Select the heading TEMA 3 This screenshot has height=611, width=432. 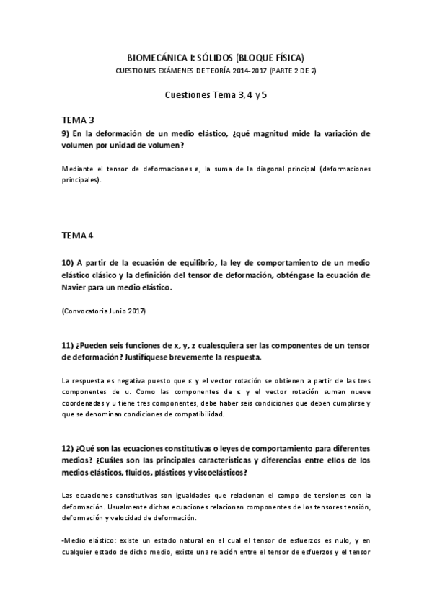pos(77,120)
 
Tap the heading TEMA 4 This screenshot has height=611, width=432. pos(77,236)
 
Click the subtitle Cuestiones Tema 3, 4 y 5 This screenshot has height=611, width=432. pos(217,94)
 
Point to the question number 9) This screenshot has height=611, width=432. pos(65,133)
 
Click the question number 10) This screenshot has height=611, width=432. pos(67,263)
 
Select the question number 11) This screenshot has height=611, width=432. pos(67,344)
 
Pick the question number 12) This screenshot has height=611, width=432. pos(67,450)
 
